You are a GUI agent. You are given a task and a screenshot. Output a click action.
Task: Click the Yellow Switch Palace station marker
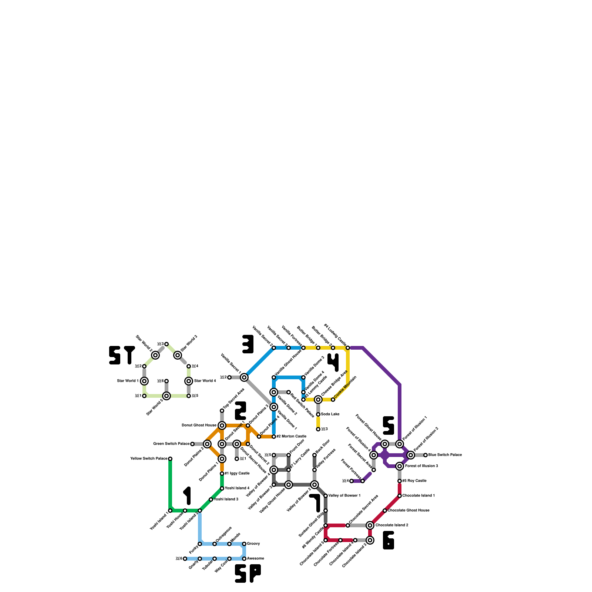click(170, 459)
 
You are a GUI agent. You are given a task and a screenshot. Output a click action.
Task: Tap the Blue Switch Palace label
click(445, 455)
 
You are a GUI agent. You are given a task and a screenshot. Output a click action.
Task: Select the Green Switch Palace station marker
click(192, 444)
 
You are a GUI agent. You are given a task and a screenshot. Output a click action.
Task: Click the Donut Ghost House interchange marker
click(222, 425)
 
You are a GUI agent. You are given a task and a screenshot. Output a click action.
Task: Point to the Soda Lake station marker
click(318, 414)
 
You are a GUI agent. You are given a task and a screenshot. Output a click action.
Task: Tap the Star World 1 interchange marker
click(144, 381)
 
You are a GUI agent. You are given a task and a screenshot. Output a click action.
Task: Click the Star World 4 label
click(205, 381)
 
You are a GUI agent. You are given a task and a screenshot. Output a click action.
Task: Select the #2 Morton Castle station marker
click(274, 437)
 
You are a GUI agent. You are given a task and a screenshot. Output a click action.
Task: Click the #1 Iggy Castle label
click(237, 474)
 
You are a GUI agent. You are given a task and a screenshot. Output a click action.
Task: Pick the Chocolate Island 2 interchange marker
click(370, 525)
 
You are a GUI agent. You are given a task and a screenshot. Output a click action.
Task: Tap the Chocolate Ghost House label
click(408, 511)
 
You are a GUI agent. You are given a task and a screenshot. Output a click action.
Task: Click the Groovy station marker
click(244, 544)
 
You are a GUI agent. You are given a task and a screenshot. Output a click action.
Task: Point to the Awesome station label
click(255, 559)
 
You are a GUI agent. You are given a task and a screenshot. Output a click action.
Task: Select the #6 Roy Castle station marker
click(400, 481)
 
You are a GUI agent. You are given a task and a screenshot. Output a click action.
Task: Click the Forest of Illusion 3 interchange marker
click(400, 466)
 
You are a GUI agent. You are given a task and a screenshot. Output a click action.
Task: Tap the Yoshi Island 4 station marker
click(222, 488)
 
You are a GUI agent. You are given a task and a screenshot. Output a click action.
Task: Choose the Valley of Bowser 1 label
click(344, 496)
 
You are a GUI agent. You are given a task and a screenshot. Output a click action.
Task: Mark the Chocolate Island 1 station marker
click(400, 496)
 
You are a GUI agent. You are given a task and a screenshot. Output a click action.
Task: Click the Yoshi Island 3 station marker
click(211, 499)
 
